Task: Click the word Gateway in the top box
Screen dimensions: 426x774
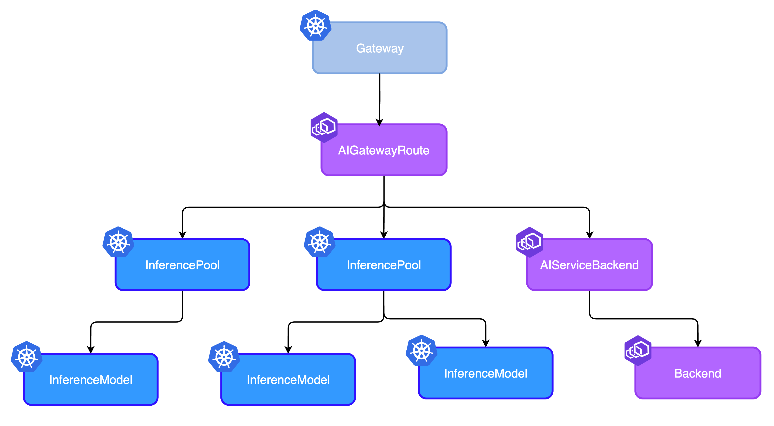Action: [x=380, y=48]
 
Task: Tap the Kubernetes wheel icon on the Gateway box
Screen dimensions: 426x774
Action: [x=316, y=25]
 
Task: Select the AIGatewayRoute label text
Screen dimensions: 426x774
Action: [x=384, y=150]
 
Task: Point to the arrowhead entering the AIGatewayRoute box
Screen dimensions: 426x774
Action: [x=379, y=125]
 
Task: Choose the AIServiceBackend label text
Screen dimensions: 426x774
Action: [x=589, y=265]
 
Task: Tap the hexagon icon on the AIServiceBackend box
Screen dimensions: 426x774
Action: [x=529, y=242]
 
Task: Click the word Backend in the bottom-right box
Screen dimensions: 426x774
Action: [x=697, y=373]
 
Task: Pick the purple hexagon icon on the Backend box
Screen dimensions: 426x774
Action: [x=638, y=350]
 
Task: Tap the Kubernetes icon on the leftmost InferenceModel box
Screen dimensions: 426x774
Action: [x=27, y=357]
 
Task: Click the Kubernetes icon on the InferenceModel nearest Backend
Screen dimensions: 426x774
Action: [x=421, y=351]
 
